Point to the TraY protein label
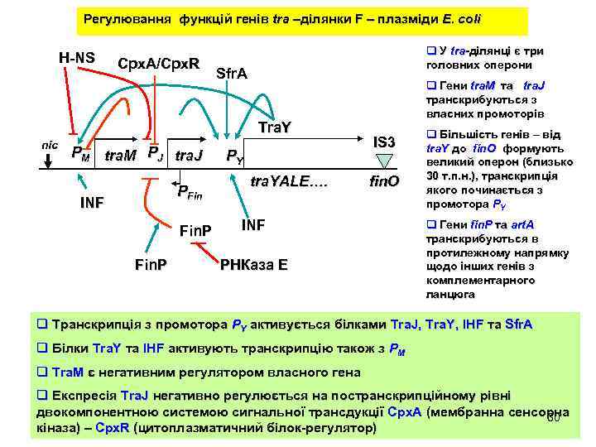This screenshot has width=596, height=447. click(x=275, y=127)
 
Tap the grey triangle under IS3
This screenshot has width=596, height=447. click(x=383, y=161)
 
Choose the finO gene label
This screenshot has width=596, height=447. click(x=383, y=180)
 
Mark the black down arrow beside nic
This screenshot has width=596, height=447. click(x=50, y=160)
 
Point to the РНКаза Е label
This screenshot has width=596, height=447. click(x=254, y=265)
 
